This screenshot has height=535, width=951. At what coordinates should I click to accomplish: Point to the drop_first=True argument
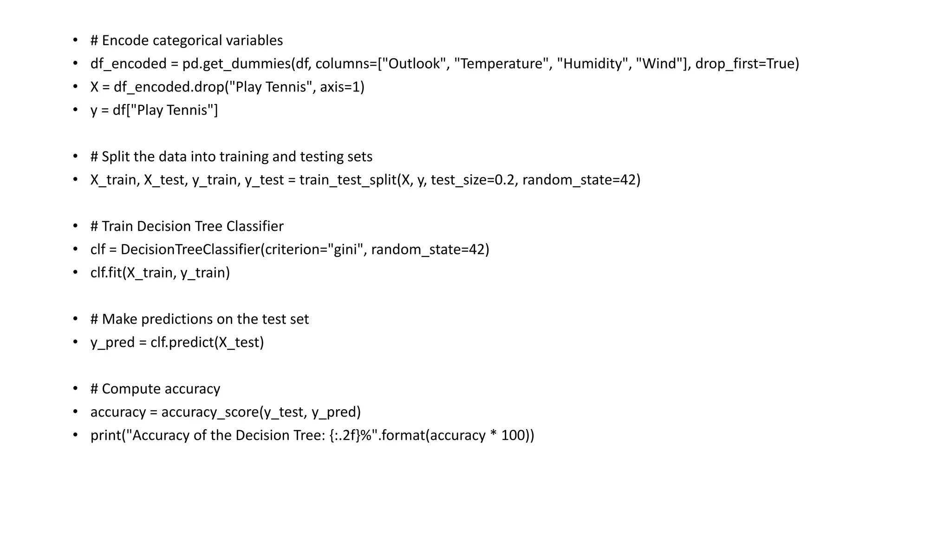pos(747,64)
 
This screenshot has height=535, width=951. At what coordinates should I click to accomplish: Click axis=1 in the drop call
pos(342,87)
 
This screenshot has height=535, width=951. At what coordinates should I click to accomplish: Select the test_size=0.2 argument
pos(473,180)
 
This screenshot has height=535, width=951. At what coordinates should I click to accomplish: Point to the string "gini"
pos(346,249)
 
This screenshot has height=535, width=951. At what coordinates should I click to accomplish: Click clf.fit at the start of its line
pos(106,273)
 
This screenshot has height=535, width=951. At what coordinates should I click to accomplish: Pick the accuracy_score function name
pos(210,412)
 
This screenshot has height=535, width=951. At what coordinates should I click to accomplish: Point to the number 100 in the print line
pos(513,435)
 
